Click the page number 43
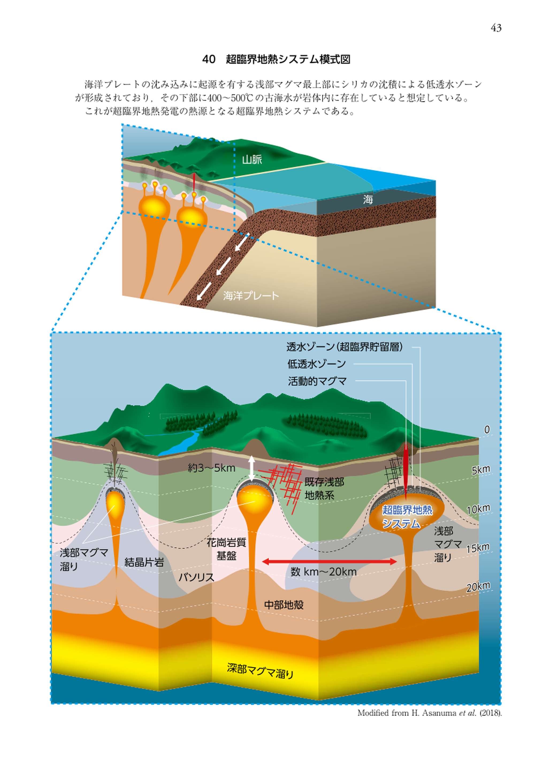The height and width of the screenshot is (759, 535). point(496,28)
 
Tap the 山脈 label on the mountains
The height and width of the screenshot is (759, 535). point(252,160)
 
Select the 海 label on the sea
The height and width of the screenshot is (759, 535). point(368,199)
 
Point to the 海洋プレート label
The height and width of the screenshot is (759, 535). point(251,296)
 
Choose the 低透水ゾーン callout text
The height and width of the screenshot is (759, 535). point(316,364)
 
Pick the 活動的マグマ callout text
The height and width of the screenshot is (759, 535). point(317,381)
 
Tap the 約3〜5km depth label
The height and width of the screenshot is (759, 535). point(211,468)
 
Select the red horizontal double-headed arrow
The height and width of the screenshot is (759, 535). point(329,561)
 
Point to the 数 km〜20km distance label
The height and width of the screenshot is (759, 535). point(323,572)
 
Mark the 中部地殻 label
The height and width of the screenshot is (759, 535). point(284,605)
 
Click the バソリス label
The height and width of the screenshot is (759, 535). point(196,577)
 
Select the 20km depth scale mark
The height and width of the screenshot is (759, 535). point(478,587)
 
